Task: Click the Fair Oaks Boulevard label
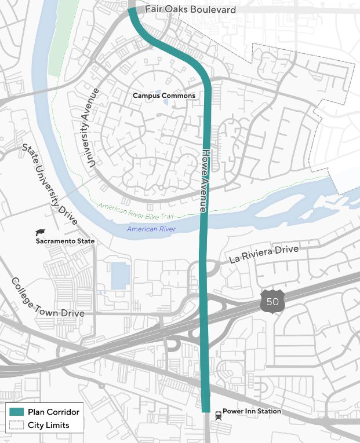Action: (182, 10)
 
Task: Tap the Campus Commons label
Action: (163, 96)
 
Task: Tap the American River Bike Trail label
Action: (136, 211)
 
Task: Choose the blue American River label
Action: (151, 229)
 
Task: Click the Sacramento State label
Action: (65, 241)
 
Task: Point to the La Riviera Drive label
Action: (264, 254)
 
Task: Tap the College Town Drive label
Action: (48, 297)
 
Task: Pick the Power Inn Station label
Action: (252, 411)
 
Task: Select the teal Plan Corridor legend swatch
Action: (16, 412)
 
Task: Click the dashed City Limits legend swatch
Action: (16, 425)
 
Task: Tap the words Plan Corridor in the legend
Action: (53, 412)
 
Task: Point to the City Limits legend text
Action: (48, 425)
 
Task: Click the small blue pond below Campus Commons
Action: (166, 103)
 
